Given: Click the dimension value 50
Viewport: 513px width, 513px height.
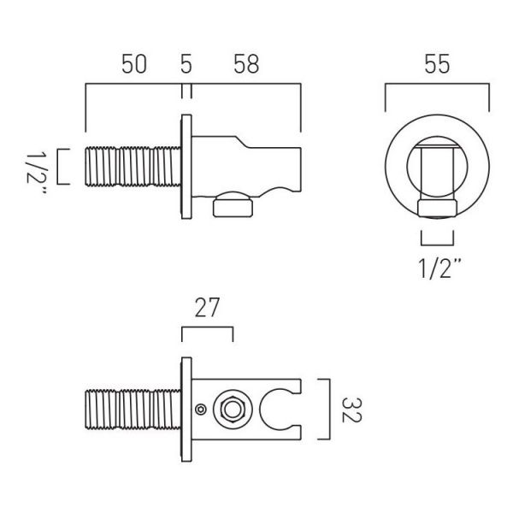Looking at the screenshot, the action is point(134,64).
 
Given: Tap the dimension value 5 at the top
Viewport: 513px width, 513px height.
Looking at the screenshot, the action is point(186,64).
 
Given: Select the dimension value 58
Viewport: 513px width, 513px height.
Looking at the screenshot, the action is point(246,64).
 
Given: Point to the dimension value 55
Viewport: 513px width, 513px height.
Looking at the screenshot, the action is point(437,64).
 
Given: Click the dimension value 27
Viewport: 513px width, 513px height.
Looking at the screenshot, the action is point(207,308).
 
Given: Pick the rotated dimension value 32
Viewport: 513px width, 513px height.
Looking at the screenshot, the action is point(351,410).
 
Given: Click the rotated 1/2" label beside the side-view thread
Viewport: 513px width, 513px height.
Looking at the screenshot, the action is point(37,173).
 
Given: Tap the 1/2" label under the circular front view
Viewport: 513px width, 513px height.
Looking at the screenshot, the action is point(440,268).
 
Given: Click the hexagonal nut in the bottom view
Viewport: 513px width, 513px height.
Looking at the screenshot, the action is point(233,410).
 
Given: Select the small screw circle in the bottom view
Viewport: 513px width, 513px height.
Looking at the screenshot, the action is point(201,410).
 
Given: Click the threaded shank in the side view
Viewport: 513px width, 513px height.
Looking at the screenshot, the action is point(133,167).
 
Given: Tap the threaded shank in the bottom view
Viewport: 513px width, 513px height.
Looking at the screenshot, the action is point(133,410).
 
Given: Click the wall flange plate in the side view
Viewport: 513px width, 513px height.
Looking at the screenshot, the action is point(186,167).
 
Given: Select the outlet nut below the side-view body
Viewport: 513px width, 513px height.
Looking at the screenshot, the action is point(233,205).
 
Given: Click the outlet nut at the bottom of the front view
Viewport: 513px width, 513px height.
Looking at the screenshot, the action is point(437,208).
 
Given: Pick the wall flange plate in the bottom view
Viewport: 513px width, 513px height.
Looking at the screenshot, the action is point(186,410).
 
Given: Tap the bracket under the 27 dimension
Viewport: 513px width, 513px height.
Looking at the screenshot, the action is point(208,327).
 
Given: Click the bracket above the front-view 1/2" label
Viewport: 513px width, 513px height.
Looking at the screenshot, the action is point(437,245).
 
